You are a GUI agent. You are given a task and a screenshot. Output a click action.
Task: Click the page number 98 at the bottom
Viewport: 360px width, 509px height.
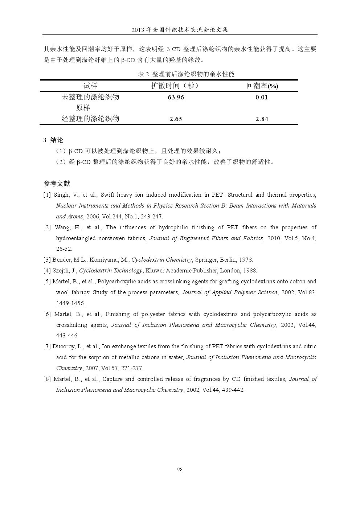[x=180, y=469]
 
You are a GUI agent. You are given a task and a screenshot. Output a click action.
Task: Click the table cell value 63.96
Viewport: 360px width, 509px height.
[x=176, y=97]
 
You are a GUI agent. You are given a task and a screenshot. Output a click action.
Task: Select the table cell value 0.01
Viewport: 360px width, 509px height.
[x=261, y=97]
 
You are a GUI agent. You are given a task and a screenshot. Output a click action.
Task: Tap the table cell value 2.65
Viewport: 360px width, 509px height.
[x=176, y=119]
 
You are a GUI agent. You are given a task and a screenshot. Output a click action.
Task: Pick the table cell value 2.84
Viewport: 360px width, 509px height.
[x=261, y=119]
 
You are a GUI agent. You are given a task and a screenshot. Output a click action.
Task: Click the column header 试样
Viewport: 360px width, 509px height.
[x=90, y=86]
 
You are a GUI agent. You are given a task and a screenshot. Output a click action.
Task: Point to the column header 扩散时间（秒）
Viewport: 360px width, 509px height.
[x=176, y=86]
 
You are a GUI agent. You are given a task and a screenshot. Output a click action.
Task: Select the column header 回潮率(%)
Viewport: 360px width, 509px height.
[x=262, y=86]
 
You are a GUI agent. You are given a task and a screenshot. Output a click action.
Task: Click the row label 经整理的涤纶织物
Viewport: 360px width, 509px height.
[x=90, y=119]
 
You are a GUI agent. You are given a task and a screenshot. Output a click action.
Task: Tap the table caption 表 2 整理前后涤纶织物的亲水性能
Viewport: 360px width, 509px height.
[x=186, y=74]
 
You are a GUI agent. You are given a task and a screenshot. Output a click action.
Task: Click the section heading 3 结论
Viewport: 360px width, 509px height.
[x=53, y=140]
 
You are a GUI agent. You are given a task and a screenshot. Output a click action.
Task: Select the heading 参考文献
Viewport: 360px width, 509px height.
[x=57, y=184]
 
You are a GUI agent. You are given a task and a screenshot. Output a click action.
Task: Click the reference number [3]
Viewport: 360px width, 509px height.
[x=47, y=260]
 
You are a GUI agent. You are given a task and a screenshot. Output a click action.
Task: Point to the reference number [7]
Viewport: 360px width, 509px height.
[x=47, y=346]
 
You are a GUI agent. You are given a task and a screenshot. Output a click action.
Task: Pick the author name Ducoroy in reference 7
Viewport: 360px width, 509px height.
[x=63, y=346]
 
